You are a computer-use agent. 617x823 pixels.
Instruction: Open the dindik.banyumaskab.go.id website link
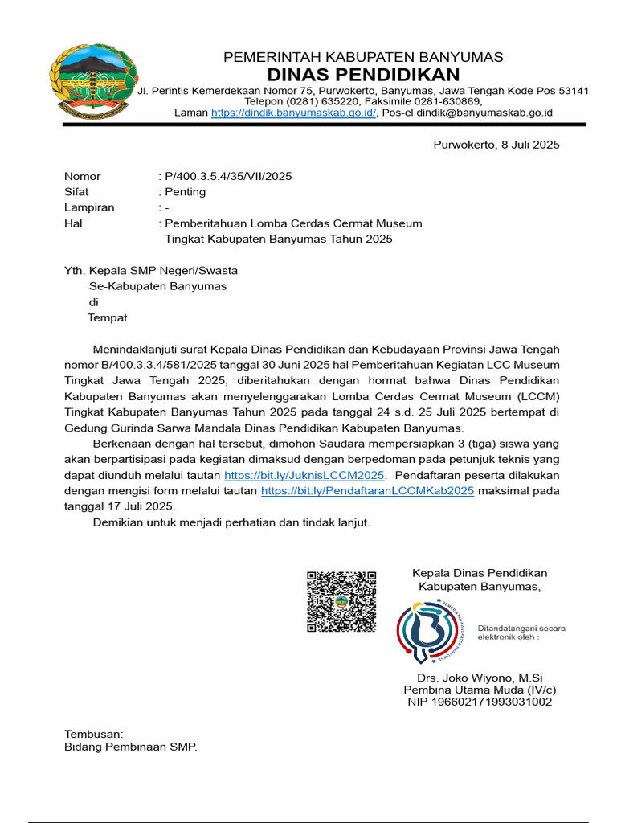click(x=293, y=113)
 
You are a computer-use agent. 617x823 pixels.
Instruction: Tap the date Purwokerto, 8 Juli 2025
click(x=496, y=145)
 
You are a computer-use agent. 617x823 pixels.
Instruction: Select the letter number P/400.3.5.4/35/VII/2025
click(x=228, y=176)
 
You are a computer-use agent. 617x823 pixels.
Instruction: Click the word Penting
click(x=185, y=192)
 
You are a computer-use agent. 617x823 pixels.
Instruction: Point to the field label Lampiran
click(x=89, y=207)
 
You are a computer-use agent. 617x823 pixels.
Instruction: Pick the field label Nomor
click(x=82, y=176)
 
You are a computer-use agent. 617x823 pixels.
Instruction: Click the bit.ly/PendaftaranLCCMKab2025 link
click(x=367, y=490)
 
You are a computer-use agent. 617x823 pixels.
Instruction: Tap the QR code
click(x=341, y=601)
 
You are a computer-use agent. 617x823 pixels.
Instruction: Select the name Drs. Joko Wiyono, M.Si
click(x=480, y=678)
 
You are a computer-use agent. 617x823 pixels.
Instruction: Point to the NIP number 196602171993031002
click(x=480, y=702)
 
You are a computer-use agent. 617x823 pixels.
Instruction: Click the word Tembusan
click(x=93, y=734)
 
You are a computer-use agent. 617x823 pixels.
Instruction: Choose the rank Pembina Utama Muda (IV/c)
click(x=480, y=690)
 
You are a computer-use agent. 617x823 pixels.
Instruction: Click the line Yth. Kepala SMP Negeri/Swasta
click(x=151, y=271)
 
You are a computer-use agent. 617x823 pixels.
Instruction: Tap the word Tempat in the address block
click(x=108, y=317)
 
